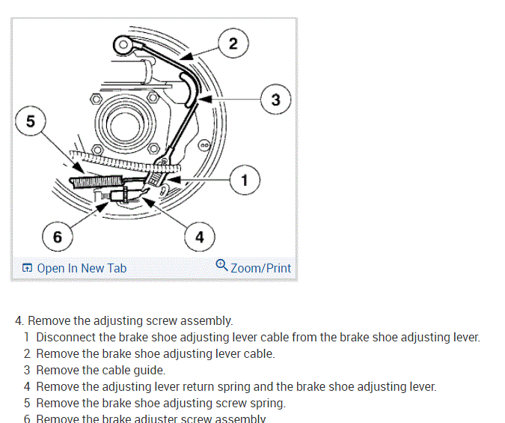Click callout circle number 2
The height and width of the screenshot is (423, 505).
pyautogui.click(x=233, y=43)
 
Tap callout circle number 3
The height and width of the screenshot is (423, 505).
pyautogui.click(x=275, y=99)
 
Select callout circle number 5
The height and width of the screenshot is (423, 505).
pyautogui.click(x=30, y=122)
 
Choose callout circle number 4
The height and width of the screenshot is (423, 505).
pyautogui.click(x=199, y=237)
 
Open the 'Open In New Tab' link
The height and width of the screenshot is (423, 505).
pyautogui.click(x=82, y=268)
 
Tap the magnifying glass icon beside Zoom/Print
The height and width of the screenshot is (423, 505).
pyautogui.click(x=221, y=265)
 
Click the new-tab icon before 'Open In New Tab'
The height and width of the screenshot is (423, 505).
pyautogui.click(x=28, y=268)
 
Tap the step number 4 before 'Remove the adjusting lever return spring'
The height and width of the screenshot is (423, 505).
pyautogui.click(x=27, y=387)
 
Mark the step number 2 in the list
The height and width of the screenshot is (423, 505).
pyautogui.click(x=27, y=353)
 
